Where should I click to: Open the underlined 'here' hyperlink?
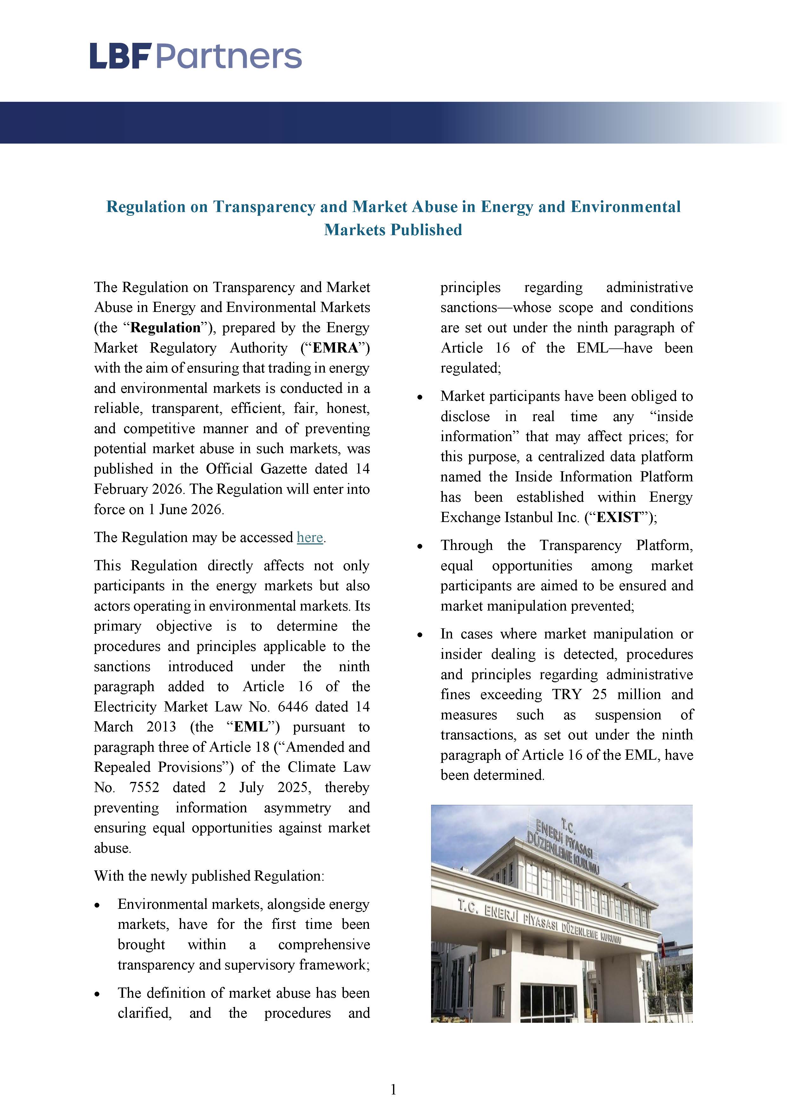(x=310, y=537)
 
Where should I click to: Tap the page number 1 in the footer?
(x=393, y=1090)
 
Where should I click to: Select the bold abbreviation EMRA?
(x=335, y=348)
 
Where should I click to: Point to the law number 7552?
(x=144, y=788)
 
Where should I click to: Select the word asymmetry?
(x=297, y=808)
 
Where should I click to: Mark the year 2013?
(x=161, y=727)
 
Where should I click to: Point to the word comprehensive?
(x=324, y=945)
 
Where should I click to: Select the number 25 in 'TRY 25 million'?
(x=599, y=695)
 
